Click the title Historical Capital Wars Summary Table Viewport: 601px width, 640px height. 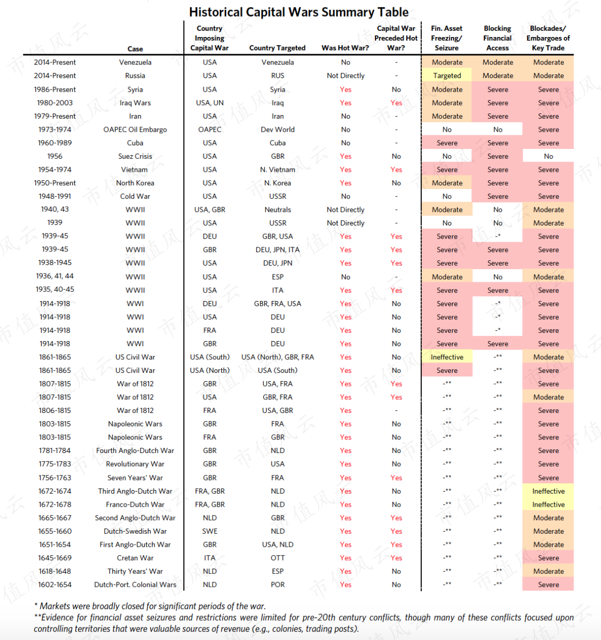point(298,12)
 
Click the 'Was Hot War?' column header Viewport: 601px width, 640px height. point(345,48)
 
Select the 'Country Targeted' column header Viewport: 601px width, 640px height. point(277,48)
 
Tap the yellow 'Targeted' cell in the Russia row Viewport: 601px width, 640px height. point(447,76)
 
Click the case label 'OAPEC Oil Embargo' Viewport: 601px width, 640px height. point(135,130)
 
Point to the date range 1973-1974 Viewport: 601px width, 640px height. point(55,130)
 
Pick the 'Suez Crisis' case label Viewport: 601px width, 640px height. point(135,156)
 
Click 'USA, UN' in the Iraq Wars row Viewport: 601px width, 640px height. point(209,103)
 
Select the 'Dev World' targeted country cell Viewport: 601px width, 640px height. point(278,130)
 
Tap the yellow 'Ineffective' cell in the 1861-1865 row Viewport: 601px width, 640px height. point(447,357)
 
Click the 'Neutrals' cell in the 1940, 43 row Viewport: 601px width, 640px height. point(278,210)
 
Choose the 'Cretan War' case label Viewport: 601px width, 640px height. point(135,558)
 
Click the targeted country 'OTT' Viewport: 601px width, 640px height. point(278,558)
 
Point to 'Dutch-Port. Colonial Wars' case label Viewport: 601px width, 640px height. point(135,585)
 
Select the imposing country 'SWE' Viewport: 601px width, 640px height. point(209,531)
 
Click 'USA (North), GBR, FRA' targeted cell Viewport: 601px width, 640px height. point(278,357)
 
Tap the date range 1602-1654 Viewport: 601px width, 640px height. point(55,585)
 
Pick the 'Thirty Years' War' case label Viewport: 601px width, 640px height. point(135,571)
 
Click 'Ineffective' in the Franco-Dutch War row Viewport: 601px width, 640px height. point(548,505)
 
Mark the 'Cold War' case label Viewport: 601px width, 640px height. point(135,196)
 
